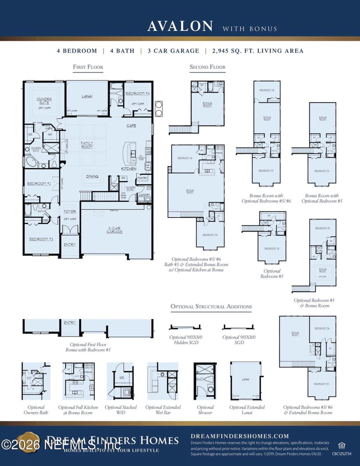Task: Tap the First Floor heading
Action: coord(88,67)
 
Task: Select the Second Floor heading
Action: coord(208,67)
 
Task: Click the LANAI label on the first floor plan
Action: coord(87,96)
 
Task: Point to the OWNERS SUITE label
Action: coord(44,101)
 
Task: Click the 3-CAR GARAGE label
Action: coord(114,230)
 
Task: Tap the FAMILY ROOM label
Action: coord(87,145)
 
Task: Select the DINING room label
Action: coord(92,176)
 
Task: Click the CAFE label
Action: coord(131,126)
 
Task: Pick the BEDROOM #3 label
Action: coord(41,239)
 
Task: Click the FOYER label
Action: coord(70,211)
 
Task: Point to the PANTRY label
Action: coord(143,178)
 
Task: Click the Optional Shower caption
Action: coord(205,410)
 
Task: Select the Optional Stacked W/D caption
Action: coord(121,410)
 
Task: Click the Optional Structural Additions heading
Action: coord(211,306)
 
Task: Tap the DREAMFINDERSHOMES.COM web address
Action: coord(240,436)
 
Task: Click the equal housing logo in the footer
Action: coord(341,445)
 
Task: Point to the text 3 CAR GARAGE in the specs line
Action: coord(173,51)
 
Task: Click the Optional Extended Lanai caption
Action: coord(247,410)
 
